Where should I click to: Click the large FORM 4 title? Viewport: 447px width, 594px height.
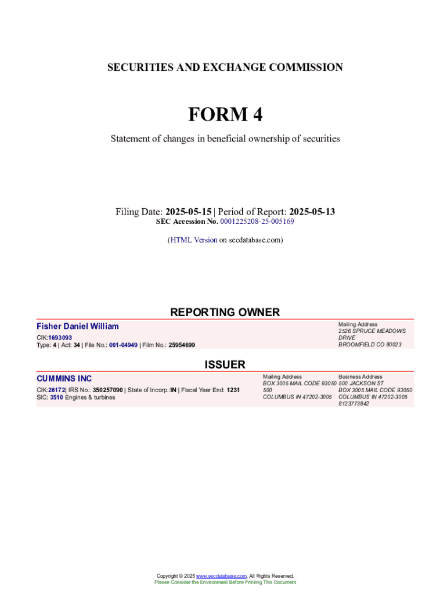pyautogui.click(x=225, y=115)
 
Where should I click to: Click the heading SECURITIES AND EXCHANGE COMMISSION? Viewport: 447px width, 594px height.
pyautogui.click(x=225, y=67)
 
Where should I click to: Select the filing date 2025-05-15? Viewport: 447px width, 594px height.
pyautogui.click(x=188, y=212)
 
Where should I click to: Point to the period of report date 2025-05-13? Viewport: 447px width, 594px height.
pyautogui.click(x=312, y=212)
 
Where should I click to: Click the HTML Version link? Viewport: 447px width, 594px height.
pyautogui.click(x=193, y=240)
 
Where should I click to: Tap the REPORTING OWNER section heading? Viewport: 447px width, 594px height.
pyautogui.click(x=225, y=313)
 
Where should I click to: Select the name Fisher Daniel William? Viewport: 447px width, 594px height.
pyautogui.click(x=77, y=327)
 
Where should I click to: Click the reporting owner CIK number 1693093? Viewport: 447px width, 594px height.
pyautogui.click(x=60, y=338)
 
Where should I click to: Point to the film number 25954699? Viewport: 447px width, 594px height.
pyautogui.click(x=182, y=345)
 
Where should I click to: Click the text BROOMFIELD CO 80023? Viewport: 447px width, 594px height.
pyautogui.click(x=370, y=345)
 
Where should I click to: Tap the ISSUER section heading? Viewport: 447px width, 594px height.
pyautogui.click(x=225, y=365)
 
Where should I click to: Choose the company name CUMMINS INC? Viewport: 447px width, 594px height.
pyautogui.click(x=64, y=379)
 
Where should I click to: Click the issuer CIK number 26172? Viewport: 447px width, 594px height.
pyautogui.click(x=56, y=390)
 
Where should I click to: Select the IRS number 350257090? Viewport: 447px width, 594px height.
pyautogui.click(x=107, y=390)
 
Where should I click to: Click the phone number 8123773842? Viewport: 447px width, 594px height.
pyautogui.click(x=354, y=404)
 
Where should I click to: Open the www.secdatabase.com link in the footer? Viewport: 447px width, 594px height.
pyautogui.click(x=222, y=576)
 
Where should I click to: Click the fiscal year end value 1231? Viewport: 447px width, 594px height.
pyautogui.click(x=233, y=390)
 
